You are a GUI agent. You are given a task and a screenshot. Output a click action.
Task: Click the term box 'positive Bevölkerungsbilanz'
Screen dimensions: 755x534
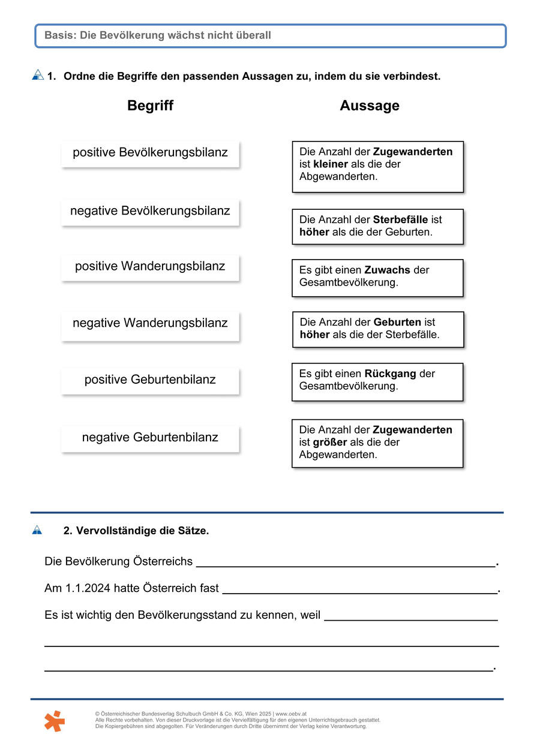click(x=150, y=153)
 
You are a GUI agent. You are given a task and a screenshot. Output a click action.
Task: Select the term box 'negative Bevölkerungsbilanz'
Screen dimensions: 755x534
click(x=150, y=211)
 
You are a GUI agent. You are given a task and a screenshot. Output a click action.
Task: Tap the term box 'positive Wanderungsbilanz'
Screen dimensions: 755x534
click(x=150, y=266)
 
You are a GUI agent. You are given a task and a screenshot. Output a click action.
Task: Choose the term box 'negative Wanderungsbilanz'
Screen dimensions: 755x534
click(x=150, y=323)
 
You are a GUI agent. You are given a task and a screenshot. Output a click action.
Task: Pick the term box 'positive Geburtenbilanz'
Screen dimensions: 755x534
click(x=150, y=380)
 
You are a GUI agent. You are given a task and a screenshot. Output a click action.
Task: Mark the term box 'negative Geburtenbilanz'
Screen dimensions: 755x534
click(x=150, y=437)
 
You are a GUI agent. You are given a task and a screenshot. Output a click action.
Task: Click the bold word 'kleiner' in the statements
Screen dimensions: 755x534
click(x=331, y=164)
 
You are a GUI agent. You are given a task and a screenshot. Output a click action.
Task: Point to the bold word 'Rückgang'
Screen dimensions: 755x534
click(x=390, y=374)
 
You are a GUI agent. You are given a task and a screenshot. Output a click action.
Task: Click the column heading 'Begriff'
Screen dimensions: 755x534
click(x=150, y=106)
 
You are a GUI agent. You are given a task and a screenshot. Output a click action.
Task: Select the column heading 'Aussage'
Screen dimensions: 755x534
click(x=370, y=106)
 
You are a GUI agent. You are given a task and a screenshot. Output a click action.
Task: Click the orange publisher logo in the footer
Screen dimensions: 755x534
click(x=55, y=720)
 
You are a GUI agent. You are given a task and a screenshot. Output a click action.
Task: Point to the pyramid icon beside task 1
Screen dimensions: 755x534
click(x=38, y=75)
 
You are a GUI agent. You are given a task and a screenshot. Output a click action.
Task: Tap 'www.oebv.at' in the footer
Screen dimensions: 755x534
click(x=291, y=714)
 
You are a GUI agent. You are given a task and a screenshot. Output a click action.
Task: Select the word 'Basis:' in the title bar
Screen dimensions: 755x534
click(x=61, y=35)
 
